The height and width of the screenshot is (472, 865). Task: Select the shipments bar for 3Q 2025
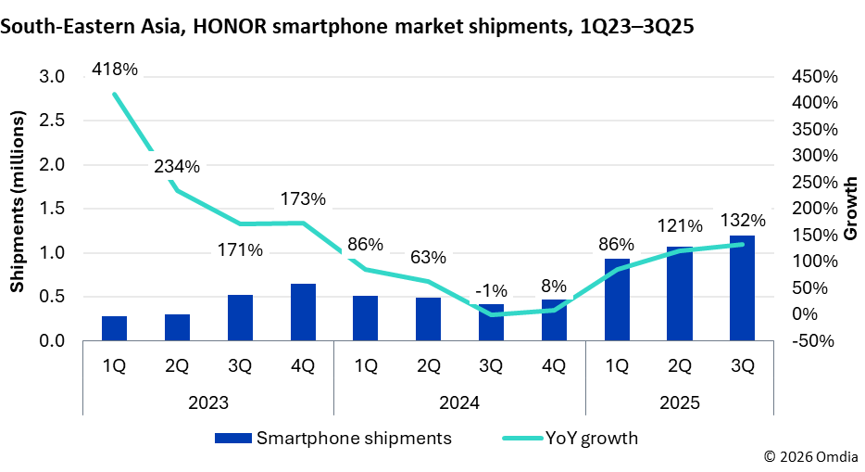click(x=742, y=288)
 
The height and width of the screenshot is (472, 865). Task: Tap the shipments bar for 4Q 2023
click(x=303, y=313)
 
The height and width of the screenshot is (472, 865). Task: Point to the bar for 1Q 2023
click(x=115, y=328)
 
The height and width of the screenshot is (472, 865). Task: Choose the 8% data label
click(x=555, y=285)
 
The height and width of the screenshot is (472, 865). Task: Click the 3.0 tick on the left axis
click(x=52, y=76)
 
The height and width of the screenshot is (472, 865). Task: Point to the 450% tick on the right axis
click(x=815, y=76)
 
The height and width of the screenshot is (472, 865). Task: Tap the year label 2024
click(x=459, y=404)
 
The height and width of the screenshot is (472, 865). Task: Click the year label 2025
click(x=679, y=404)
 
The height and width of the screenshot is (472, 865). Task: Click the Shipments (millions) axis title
click(x=17, y=204)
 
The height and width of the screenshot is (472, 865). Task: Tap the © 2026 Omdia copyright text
click(x=810, y=457)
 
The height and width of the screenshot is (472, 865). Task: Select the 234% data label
click(x=176, y=167)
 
